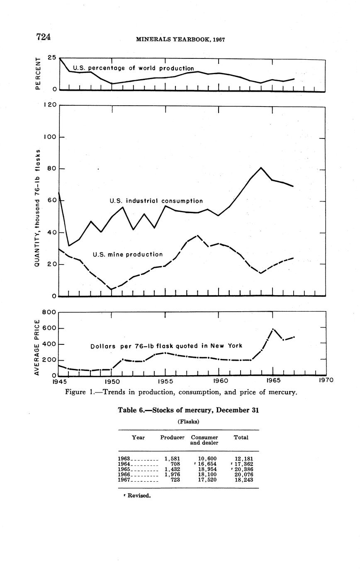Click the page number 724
pos(44,37)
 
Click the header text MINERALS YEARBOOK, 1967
pos(180,39)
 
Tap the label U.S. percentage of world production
pos(133,68)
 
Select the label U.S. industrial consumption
pos(156,201)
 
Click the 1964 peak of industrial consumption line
pos(261,167)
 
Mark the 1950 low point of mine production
pos(112,289)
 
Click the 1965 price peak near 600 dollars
pos(273,329)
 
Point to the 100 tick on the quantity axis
pos(49,137)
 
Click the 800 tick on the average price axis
pos(49,313)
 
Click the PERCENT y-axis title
pos(38,73)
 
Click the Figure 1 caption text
pos(181,392)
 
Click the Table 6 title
pos(188,410)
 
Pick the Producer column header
pos(172,437)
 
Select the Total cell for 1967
pos(244,480)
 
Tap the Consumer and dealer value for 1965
pos(207,469)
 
